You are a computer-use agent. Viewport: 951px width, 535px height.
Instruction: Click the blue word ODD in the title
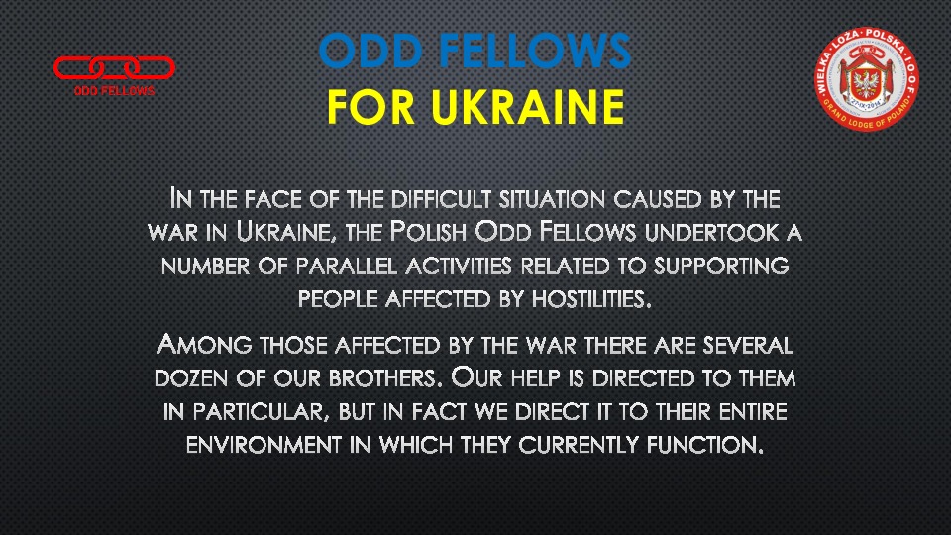coord(370,51)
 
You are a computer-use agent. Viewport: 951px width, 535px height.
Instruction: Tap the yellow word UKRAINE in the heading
coord(528,107)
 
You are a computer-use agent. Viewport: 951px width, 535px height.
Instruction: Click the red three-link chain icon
coord(114,68)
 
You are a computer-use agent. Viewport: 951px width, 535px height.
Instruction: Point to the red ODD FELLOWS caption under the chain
coord(114,91)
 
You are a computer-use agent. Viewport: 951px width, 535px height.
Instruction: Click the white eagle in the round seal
coord(866,82)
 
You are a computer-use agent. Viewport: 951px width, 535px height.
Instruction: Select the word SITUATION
coord(553,199)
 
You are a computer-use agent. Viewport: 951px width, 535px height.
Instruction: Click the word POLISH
coord(428,232)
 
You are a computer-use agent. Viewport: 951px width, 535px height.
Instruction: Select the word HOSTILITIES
coord(591,299)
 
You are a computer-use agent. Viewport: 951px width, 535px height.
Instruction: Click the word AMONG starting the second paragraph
coord(204,345)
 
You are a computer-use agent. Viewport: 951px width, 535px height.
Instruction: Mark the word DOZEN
coord(191,378)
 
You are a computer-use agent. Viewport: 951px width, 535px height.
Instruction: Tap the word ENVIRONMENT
coord(264,445)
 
